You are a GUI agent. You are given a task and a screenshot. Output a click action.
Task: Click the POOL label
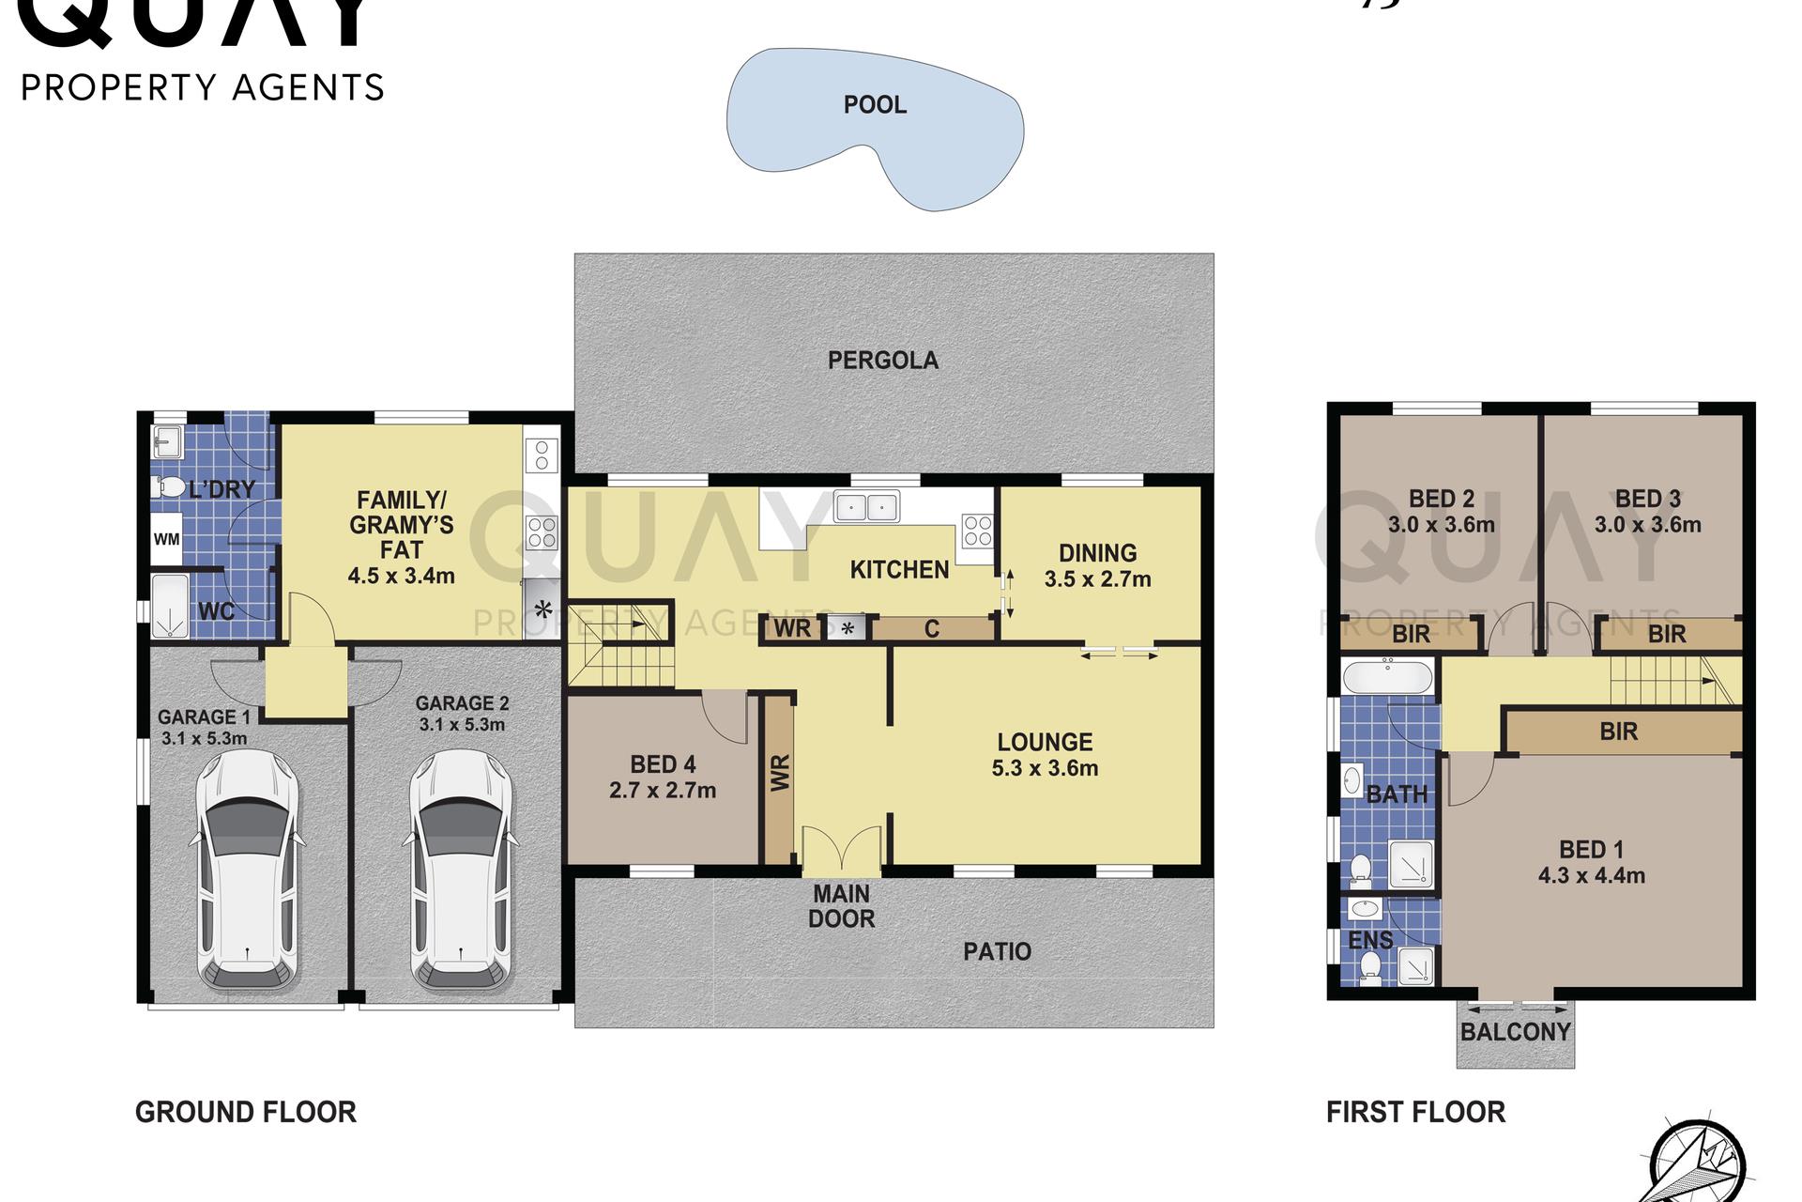tap(875, 104)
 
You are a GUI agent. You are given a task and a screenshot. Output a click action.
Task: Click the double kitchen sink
tap(866, 507)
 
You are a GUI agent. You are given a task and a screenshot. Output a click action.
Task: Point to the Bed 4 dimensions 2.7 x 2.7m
tap(663, 791)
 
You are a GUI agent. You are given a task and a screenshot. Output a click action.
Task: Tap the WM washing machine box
tap(166, 539)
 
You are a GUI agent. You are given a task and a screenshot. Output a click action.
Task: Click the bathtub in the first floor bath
tap(1387, 677)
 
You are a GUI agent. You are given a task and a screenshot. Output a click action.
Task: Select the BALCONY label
tap(1515, 1032)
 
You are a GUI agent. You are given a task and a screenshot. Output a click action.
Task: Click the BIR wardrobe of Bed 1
tap(1619, 732)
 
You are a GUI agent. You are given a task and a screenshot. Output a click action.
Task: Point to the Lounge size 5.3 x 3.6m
tap(1045, 768)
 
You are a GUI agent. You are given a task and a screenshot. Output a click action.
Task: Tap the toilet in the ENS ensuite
tap(1369, 968)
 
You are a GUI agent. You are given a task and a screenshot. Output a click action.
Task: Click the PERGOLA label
tap(882, 360)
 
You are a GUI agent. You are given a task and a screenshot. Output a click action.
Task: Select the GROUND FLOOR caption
tap(246, 1112)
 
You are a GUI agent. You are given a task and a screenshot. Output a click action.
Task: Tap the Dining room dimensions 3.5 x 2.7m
tap(1097, 579)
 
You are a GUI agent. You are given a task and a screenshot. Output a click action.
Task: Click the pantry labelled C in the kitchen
tap(932, 628)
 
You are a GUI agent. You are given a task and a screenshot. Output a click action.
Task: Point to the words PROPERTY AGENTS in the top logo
tap(203, 88)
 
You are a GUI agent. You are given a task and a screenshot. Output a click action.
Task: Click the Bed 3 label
tap(1647, 499)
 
